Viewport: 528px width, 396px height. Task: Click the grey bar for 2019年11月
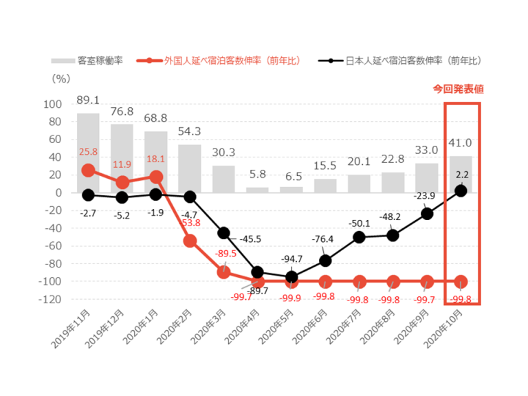coord(88,153)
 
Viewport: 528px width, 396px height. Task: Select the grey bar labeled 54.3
coord(190,168)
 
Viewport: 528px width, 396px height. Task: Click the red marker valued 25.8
coord(88,170)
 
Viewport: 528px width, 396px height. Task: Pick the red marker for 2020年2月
coord(190,241)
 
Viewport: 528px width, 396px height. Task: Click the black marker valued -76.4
coord(326,261)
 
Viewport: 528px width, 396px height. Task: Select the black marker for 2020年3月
coord(224,233)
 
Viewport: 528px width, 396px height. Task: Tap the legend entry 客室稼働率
coord(87,60)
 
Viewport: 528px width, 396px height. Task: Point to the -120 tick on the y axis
coord(52,300)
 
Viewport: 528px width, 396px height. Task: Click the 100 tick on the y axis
coord(54,104)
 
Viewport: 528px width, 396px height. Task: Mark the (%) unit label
coord(60,78)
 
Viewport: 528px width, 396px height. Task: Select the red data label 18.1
coord(155,159)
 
